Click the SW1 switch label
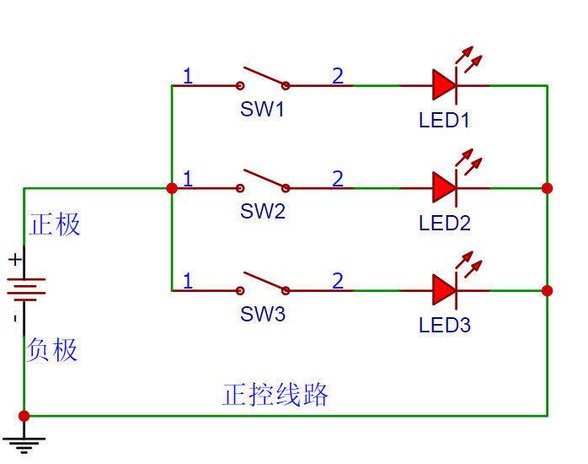262,110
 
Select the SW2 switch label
262,212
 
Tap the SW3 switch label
262,315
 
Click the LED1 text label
444,120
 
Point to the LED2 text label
444,224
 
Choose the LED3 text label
444,326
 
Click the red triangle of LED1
444,85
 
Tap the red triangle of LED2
444,187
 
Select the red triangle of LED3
444,290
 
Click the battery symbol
24,289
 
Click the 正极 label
55,224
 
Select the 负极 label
52,349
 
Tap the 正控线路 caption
275,395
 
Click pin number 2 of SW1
338,76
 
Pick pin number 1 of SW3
188,281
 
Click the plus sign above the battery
14,260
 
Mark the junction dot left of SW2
172,187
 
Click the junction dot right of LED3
548,290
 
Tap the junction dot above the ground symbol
24,416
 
